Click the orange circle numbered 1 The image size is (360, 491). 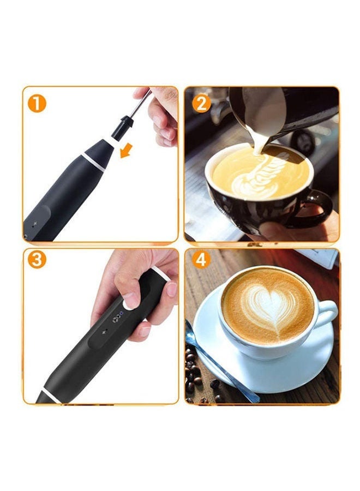(x=37, y=103)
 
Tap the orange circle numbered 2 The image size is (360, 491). (x=201, y=104)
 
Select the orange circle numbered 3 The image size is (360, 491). (x=37, y=259)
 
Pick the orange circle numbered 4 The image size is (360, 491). (x=201, y=259)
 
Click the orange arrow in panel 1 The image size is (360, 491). (x=127, y=151)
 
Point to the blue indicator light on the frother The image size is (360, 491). (x=122, y=313)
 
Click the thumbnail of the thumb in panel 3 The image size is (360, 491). (x=172, y=289)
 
